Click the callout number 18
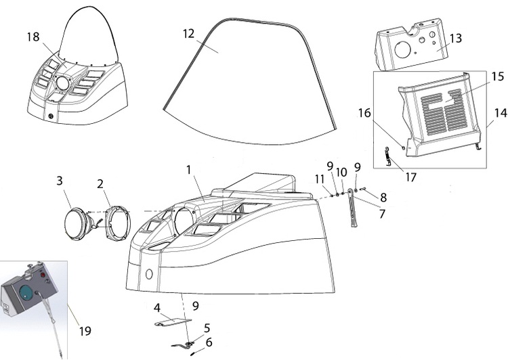pyautogui.click(x=33, y=37)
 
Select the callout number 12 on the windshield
pyautogui.click(x=189, y=32)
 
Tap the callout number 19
pyautogui.click(x=85, y=331)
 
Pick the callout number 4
pyautogui.click(x=157, y=308)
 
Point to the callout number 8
pyautogui.click(x=383, y=198)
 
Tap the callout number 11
pyautogui.click(x=319, y=179)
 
